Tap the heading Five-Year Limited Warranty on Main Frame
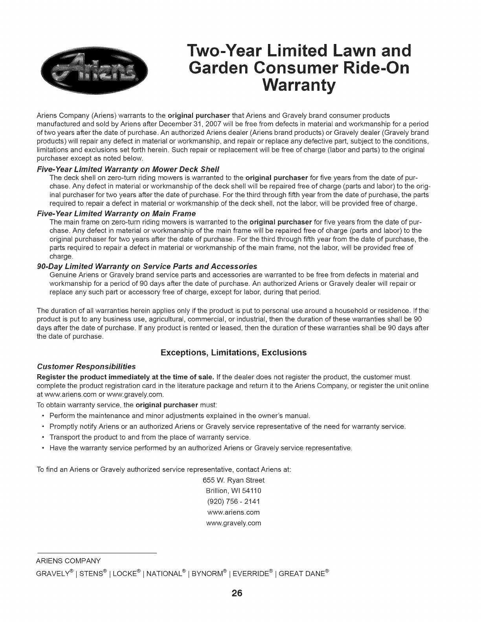point(122,213)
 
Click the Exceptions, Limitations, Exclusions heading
point(233,353)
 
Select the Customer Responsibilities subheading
point(86,366)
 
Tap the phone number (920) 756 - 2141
point(233,501)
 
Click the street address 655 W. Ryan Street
point(233,480)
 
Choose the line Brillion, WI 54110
point(233,491)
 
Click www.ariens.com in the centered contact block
point(233,512)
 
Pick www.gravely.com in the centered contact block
point(233,523)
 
